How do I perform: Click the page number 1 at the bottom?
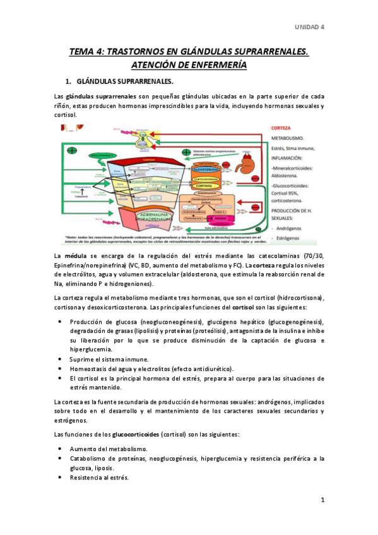322,500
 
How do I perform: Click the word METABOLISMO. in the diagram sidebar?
290,136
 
